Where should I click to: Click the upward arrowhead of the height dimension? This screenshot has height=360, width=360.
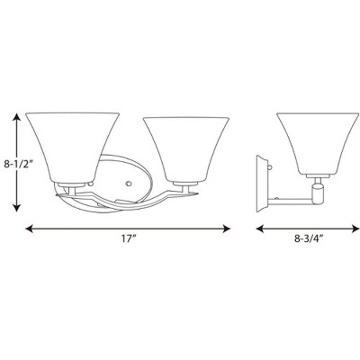point(15,117)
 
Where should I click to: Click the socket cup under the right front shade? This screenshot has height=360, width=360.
point(186,184)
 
